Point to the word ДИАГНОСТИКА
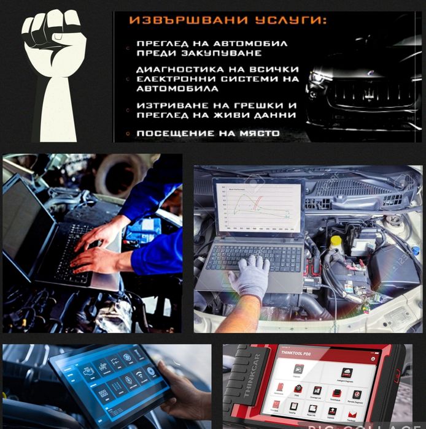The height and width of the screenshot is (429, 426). pos(175,70)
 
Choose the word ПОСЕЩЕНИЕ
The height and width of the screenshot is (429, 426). pos(172,133)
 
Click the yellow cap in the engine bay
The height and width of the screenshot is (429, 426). pos(335,241)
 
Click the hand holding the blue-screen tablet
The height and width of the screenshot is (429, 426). pos(184,386)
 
